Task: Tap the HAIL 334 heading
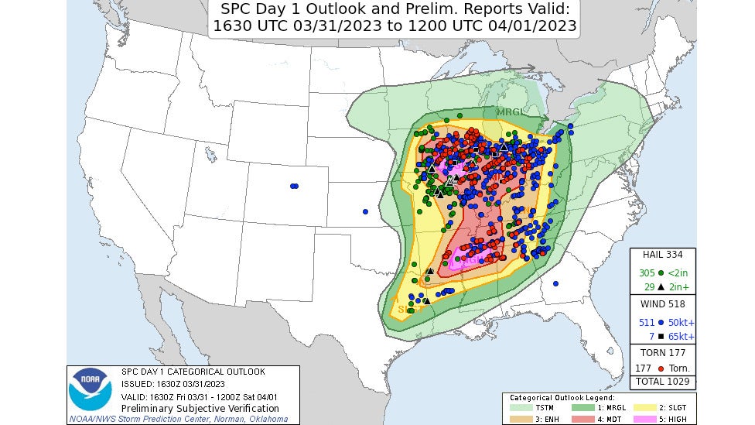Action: [x=663, y=254]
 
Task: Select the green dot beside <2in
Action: [x=661, y=273]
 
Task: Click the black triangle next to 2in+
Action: [x=661, y=286]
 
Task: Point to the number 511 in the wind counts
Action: [x=647, y=322]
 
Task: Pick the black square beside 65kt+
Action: [x=661, y=336]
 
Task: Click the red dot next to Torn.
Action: [x=661, y=368]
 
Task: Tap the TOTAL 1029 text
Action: [x=663, y=382]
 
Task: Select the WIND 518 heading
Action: [x=663, y=303]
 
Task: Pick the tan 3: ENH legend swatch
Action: [x=521, y=418]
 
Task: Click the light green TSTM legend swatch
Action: [x=521, y=406]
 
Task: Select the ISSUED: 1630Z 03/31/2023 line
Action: [x=173, y=384]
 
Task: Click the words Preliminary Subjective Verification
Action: [x=200, y=408]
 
